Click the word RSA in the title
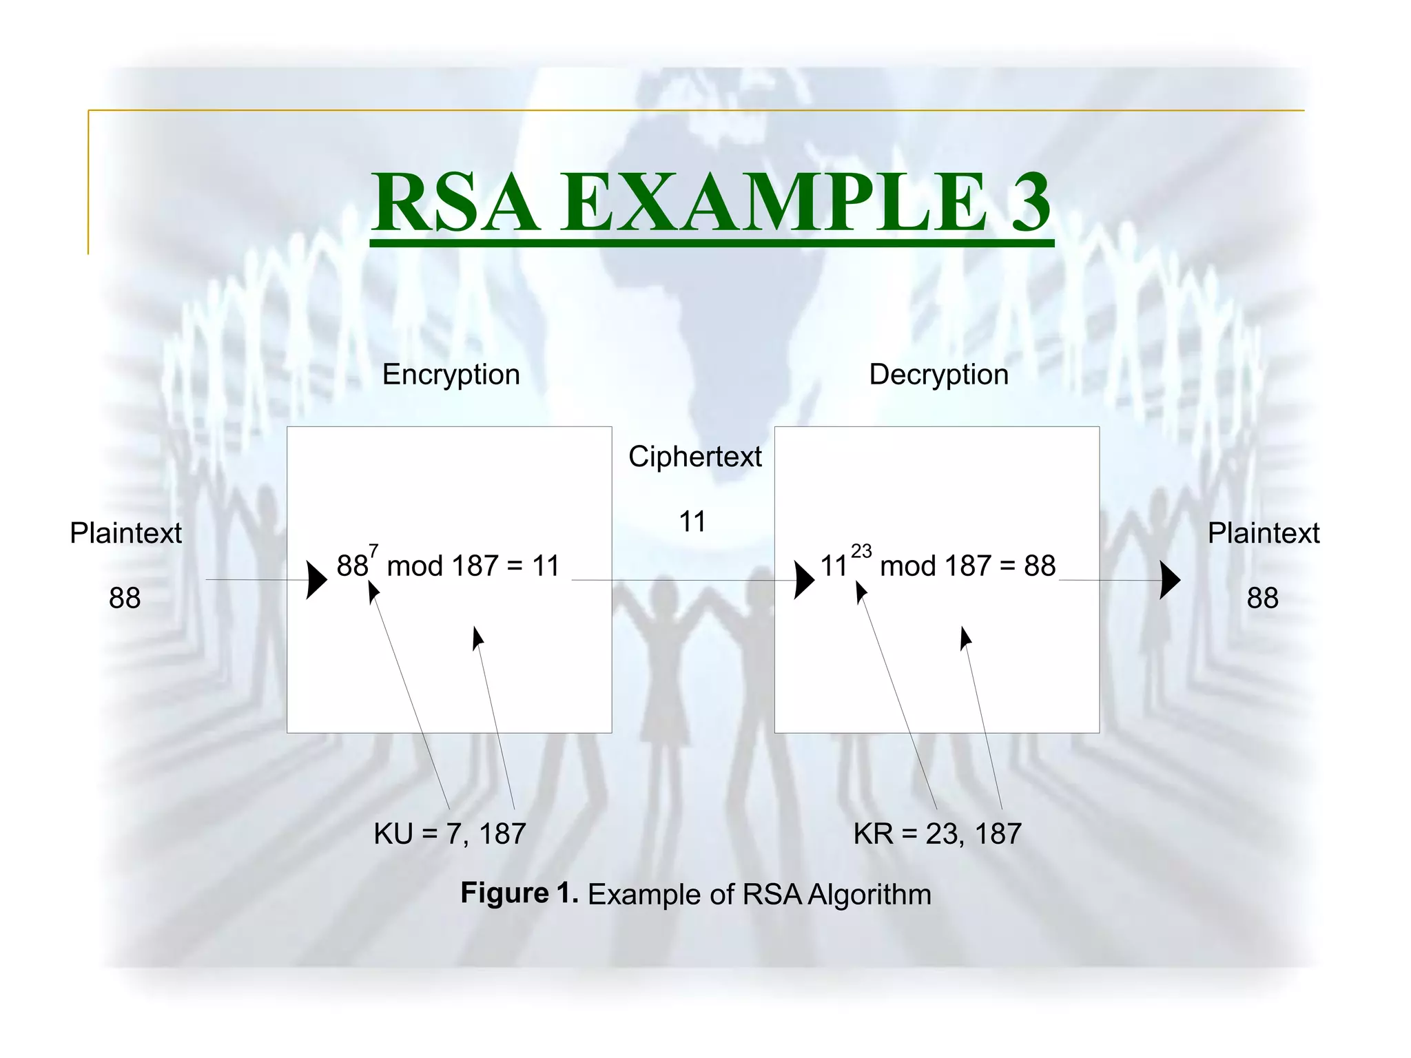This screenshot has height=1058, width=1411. pyautogui.click(x=454, y=203)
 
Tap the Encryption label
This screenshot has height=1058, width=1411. pyautogui.click(x=451, y=375)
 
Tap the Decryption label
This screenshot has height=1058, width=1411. pyautogui.click(x=938, y=375)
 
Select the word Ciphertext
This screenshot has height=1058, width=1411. pyautogui.click(x=694, y=457)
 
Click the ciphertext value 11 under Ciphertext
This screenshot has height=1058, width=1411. pyautogui.click(x=692, y=521)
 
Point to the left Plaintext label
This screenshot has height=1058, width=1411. pyautogui.click(x=125, y=533)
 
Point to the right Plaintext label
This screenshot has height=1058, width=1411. pyautogui.click(x=1263, y=533)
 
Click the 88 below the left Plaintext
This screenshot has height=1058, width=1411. pyautogui.click(x=125, y=598)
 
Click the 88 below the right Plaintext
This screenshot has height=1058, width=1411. pyautogui.click(x=1262, y=598)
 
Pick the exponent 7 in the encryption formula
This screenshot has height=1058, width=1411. pyautogui.click(x=373, y=551)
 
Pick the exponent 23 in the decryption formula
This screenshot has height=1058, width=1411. pyautogui.click(x=861, y=551)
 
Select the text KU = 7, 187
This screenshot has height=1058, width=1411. pyautogui.click(x=449, y=834)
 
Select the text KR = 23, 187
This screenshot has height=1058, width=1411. pyautogui.click(x=937, y=834)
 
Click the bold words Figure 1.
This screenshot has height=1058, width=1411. pyautogui.click(x=519, y=893)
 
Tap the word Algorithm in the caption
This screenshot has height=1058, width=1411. pyautogui.click(x=869, y=895)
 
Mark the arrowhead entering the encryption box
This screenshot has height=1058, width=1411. pyautogui.click(x=316, y=580)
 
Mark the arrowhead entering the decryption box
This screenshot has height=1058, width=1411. pyautogui.click(x=804, y=580)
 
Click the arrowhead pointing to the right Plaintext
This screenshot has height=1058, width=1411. pyautogui.click(x=1169, y=580)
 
